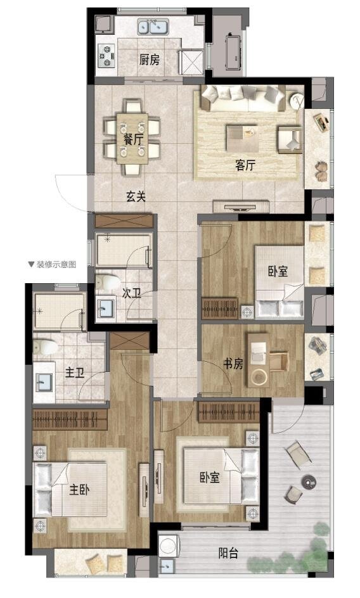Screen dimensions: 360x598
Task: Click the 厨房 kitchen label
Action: tap(150, 60)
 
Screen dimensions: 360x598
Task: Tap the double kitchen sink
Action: tap(153, 27)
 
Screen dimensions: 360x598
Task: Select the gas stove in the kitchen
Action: tap(106, 56)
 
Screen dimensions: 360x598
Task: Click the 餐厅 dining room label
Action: tap(132, 139)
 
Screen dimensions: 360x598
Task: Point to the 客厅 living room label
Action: tap(245, 165)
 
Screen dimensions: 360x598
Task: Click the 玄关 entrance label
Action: tap(136, 197)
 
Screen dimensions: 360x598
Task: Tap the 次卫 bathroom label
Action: tap(131, 293)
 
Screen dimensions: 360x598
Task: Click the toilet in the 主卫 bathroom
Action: tap(45, 347)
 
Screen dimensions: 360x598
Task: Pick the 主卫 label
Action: tap(75, 372)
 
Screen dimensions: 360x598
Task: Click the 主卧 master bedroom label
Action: tap(79, 489)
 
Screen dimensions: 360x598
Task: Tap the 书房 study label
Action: tap(233, 364)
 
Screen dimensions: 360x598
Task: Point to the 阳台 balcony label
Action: tap(228, 553)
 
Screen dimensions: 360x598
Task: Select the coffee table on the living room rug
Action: tap(242, 137)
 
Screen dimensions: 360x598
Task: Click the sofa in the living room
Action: tap(243, 98)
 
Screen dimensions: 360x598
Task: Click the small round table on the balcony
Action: tap(308, 481)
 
